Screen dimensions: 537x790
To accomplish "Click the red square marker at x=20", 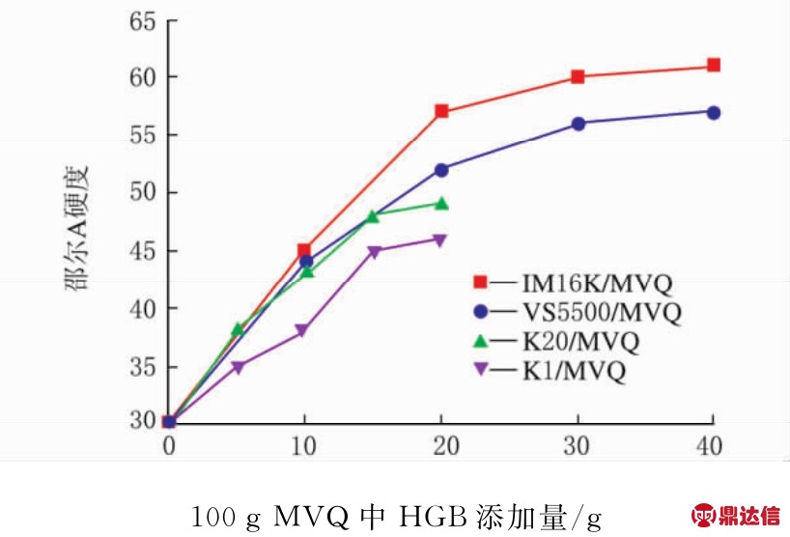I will tap(441, 111).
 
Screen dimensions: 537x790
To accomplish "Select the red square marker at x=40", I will tap(713, 65).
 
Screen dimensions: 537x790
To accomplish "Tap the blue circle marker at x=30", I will tap(578, 124).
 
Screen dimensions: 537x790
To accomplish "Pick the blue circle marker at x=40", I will tap(713, 112).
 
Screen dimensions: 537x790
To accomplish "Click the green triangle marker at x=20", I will tap(441, 204).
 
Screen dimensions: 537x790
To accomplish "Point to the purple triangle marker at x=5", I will tap(238, 367).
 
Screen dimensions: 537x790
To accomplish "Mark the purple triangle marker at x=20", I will tap(441, 240).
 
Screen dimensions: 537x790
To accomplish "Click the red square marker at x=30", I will tap(578, 76).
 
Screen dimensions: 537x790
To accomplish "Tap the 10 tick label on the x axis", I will tap(305, 446).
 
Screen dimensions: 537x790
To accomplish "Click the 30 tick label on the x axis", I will tap(578, 446).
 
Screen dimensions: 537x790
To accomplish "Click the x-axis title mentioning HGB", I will tap(395, 517).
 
